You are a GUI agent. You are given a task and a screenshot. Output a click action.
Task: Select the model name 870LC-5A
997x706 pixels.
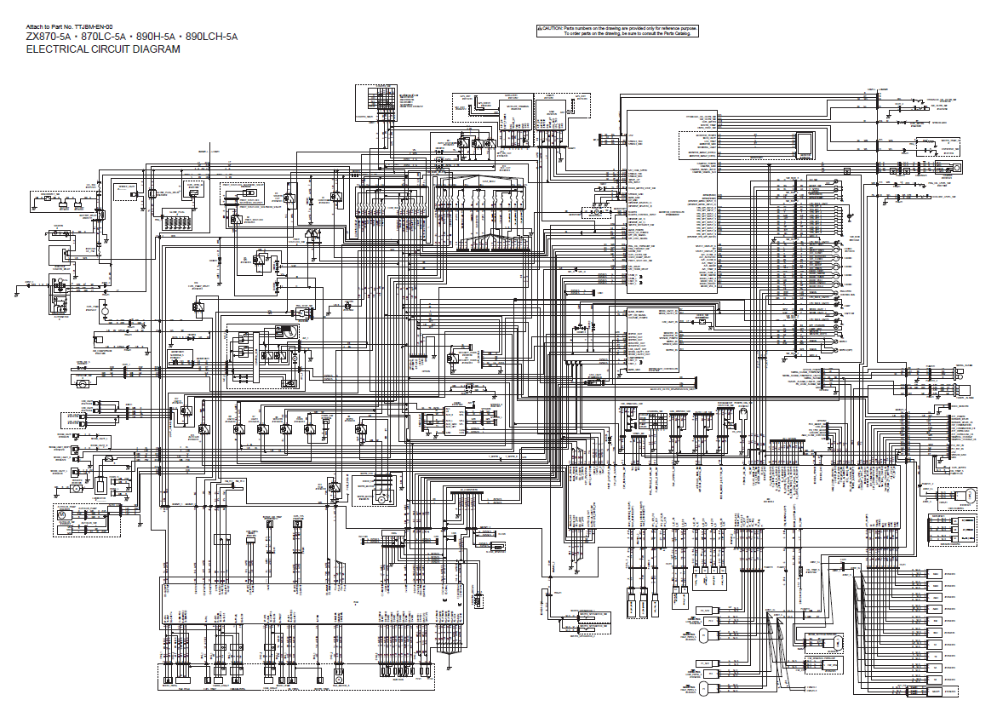pos(105,37)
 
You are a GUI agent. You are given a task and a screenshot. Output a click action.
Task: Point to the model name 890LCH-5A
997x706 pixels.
pos(211,37)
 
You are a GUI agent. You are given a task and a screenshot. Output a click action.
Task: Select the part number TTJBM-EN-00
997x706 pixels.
pos(94,27)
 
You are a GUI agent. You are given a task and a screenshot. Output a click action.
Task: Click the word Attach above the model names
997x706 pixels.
pos(36,27)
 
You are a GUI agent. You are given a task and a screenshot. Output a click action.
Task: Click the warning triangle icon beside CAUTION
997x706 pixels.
pos(540,28)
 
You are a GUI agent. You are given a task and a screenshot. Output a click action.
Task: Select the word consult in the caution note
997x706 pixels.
pos(639,34)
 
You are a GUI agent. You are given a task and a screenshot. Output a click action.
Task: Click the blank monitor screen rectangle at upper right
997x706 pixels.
pos(803,144)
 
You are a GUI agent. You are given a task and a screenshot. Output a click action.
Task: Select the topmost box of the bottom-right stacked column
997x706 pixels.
pos(935,574)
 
